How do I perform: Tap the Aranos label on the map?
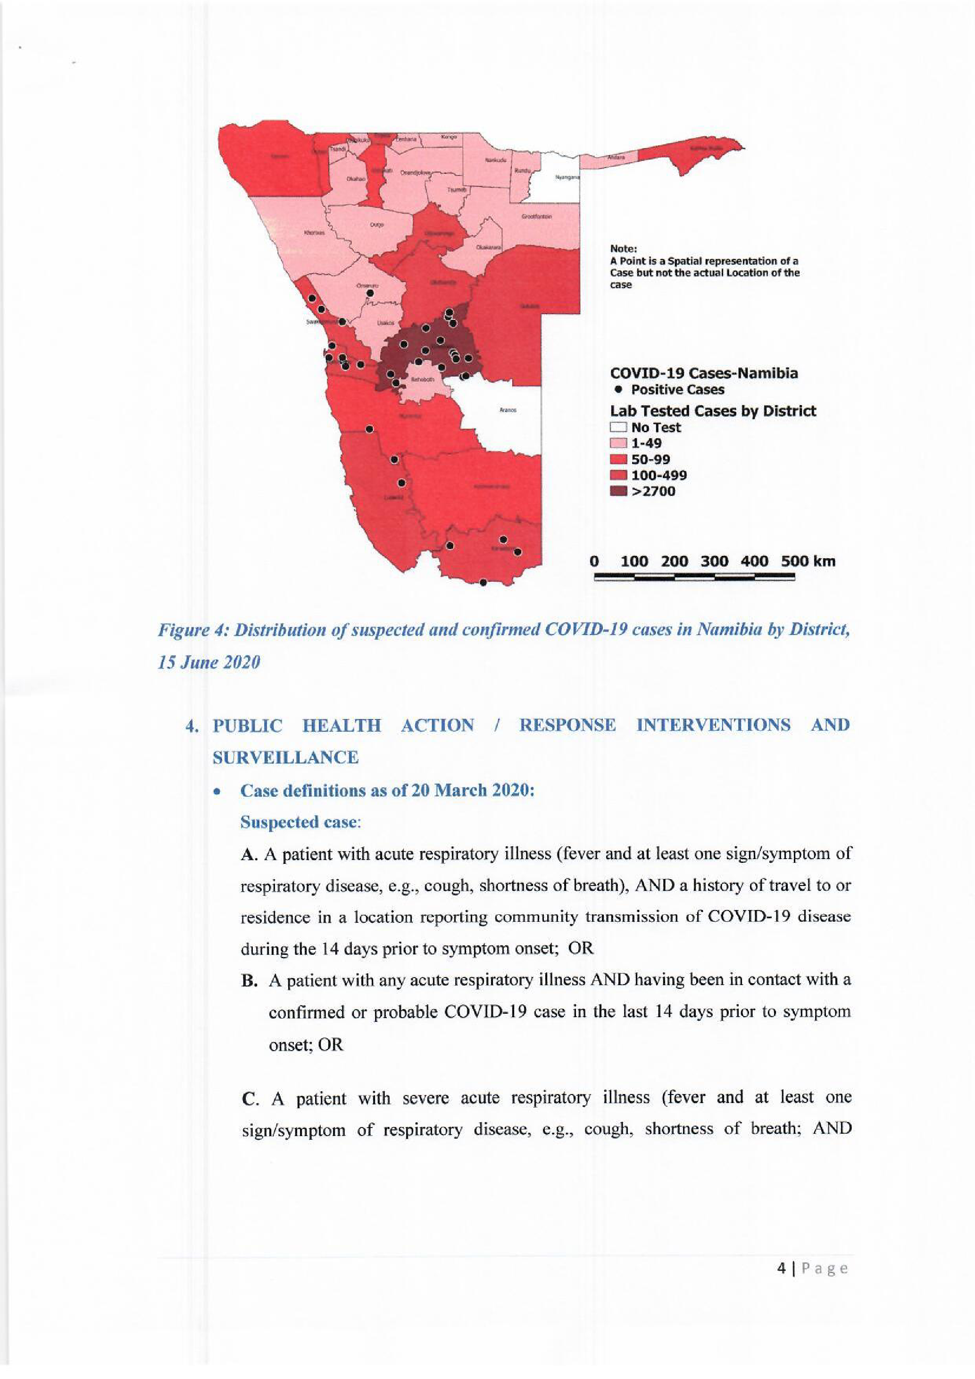508,410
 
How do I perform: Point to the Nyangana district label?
567,177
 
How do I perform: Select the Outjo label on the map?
376,225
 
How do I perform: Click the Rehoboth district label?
422,380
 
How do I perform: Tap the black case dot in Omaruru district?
370,293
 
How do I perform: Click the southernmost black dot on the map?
483,582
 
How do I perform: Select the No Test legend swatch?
618,427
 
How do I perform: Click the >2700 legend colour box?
618,491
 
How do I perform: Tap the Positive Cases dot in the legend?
618,389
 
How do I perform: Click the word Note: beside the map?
623,249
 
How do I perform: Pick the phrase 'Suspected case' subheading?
299,822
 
